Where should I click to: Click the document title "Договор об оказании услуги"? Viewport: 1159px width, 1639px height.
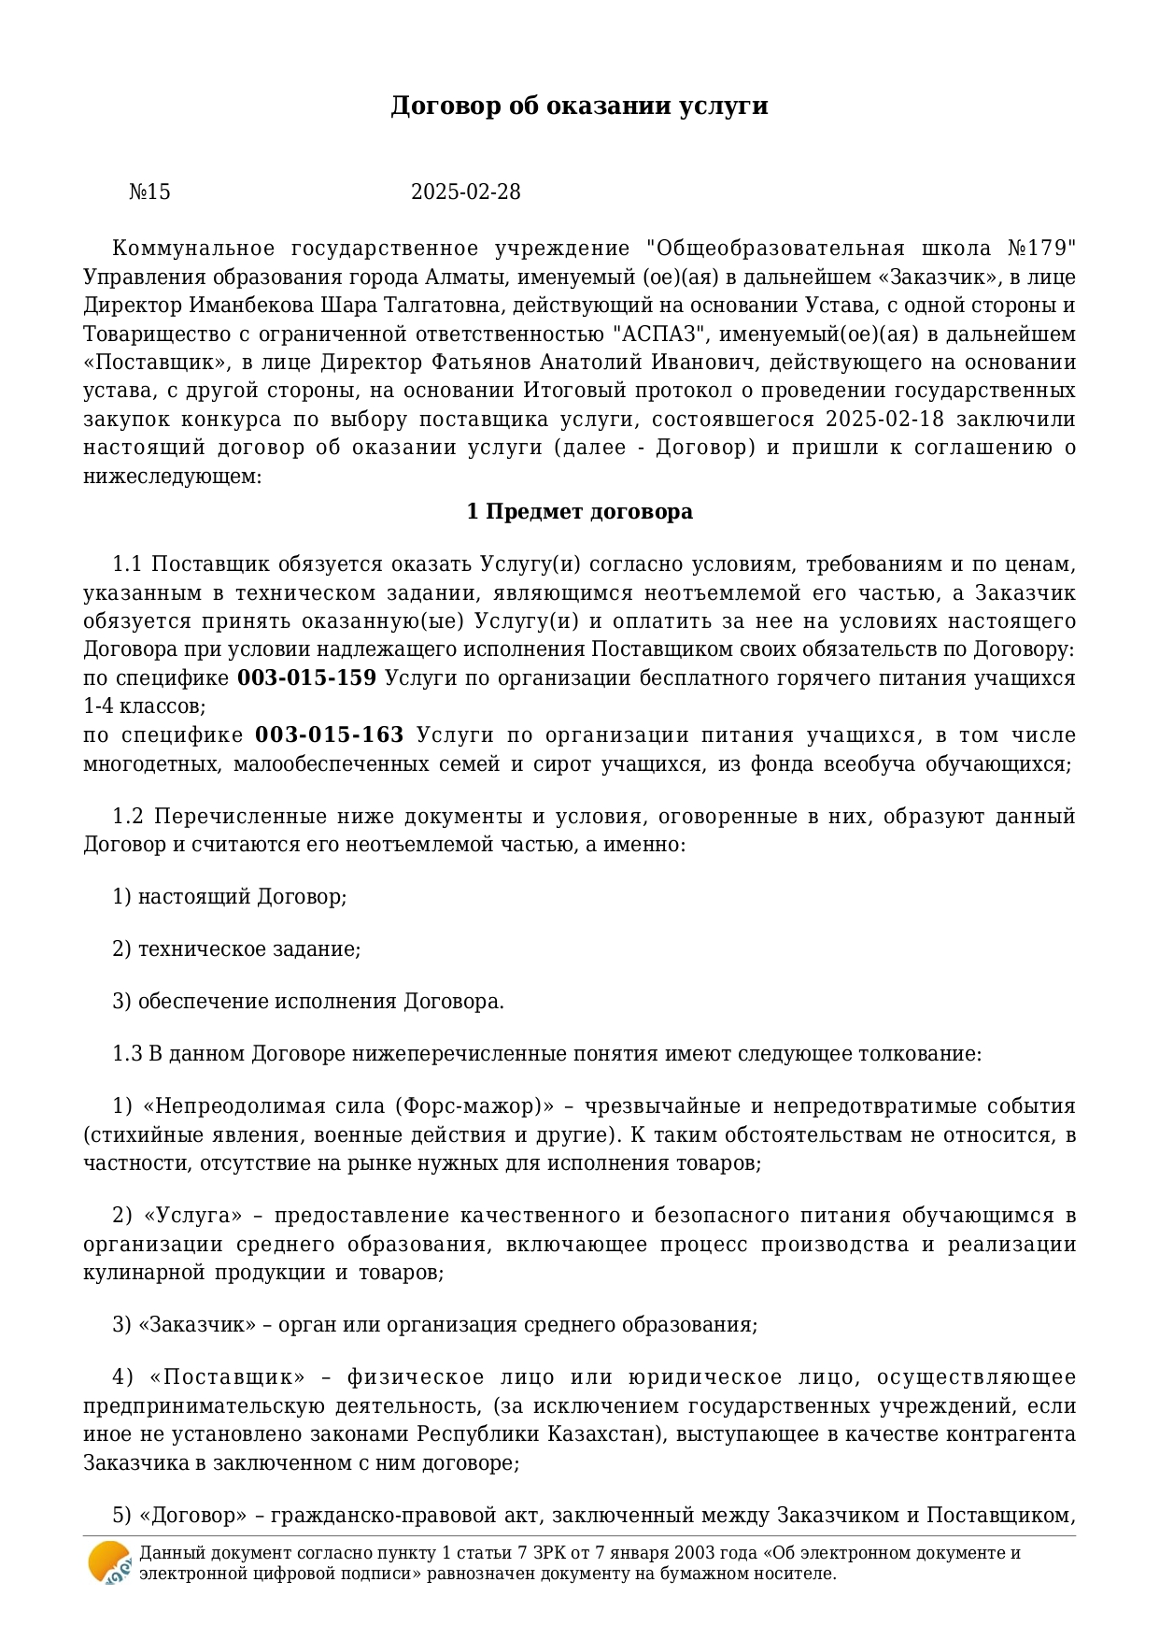[579, 106]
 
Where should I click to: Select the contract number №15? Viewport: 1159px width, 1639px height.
[149, 192]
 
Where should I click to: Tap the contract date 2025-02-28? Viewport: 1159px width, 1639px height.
[465, 192]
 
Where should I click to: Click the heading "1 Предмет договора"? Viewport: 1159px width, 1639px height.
[579, 512]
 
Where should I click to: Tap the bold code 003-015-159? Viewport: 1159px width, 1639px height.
[306, 678]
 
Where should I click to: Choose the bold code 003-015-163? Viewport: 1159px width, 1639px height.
[330, 735]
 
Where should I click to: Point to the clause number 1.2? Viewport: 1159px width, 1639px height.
[128, 817]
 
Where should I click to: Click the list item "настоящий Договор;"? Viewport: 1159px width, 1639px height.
[242, 897]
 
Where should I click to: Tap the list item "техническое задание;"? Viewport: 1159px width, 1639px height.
[249, 949]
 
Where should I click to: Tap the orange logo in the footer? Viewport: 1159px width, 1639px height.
[109, 1562]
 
